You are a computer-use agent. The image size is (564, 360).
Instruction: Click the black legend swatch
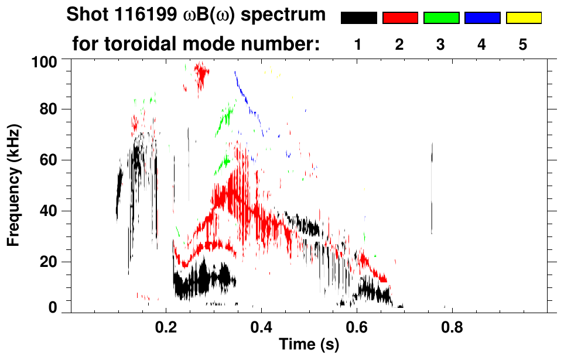click(358, 18)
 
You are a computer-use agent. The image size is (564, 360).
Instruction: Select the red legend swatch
click(400, 18)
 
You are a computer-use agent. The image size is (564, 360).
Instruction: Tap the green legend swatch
click(441, 18)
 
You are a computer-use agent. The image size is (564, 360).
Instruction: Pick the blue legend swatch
click(482, 18)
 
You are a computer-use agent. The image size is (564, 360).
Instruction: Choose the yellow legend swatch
click(524, 18)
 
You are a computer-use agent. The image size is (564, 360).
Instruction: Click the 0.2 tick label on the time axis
click(166, 325)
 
